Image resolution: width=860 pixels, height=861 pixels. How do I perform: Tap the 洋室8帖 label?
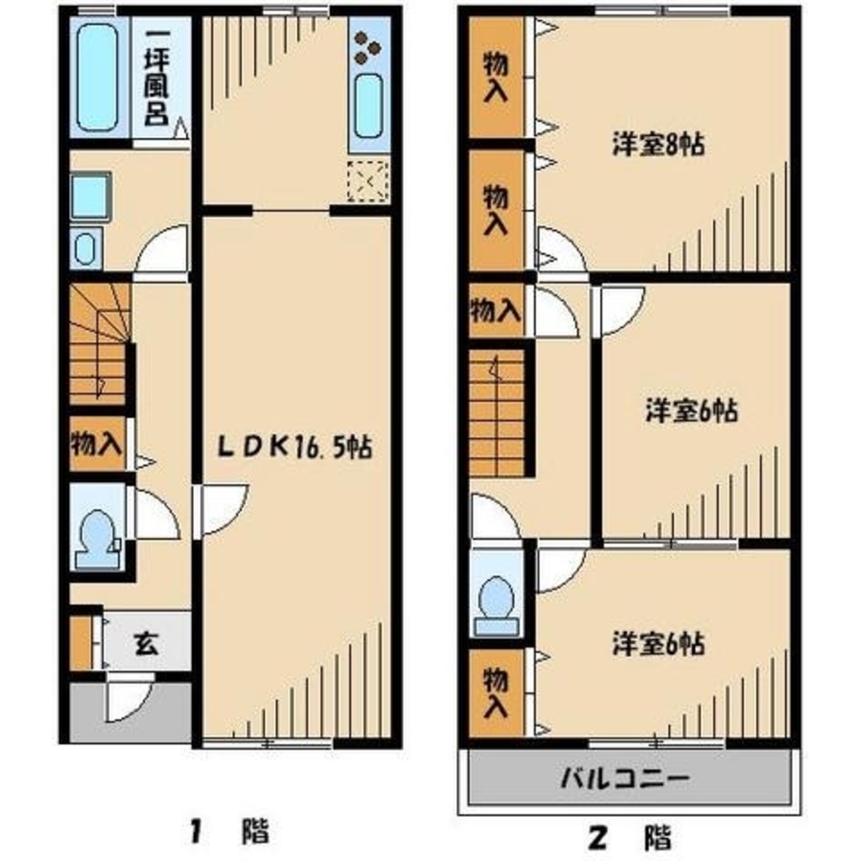(x=659, y=144)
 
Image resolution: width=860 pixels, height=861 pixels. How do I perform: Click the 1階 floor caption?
(x=229, y=833)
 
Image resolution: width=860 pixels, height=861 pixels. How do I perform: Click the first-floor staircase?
(x=99, y=344)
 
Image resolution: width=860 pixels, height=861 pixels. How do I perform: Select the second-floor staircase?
(x=497, y=412)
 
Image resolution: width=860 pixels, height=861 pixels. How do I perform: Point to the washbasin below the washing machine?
(x=85, y=249)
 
